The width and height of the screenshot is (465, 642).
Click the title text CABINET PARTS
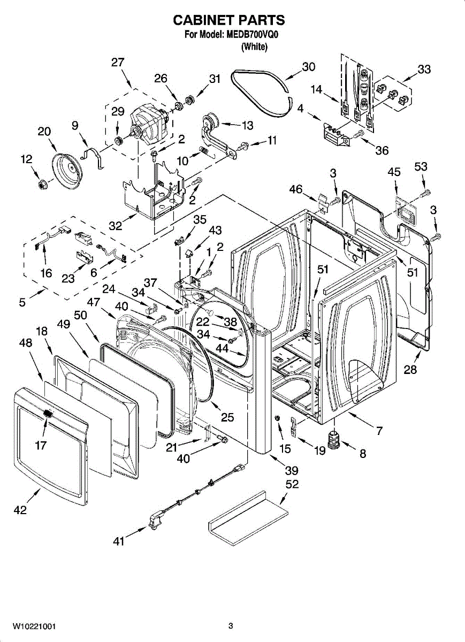coord(229,20)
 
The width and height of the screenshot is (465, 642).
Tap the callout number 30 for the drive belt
coord(308,67)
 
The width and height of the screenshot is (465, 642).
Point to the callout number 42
coord(20,510)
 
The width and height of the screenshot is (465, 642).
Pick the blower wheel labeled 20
coord(67,171)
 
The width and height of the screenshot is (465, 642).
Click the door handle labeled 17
coord(48,415)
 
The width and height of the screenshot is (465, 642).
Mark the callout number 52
coord(292,484)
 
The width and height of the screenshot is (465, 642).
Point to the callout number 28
coord(410,370)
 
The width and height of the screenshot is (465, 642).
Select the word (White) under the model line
coord(255,47)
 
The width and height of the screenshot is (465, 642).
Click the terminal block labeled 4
coord(336,134)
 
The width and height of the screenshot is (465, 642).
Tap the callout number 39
coord(292,470)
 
